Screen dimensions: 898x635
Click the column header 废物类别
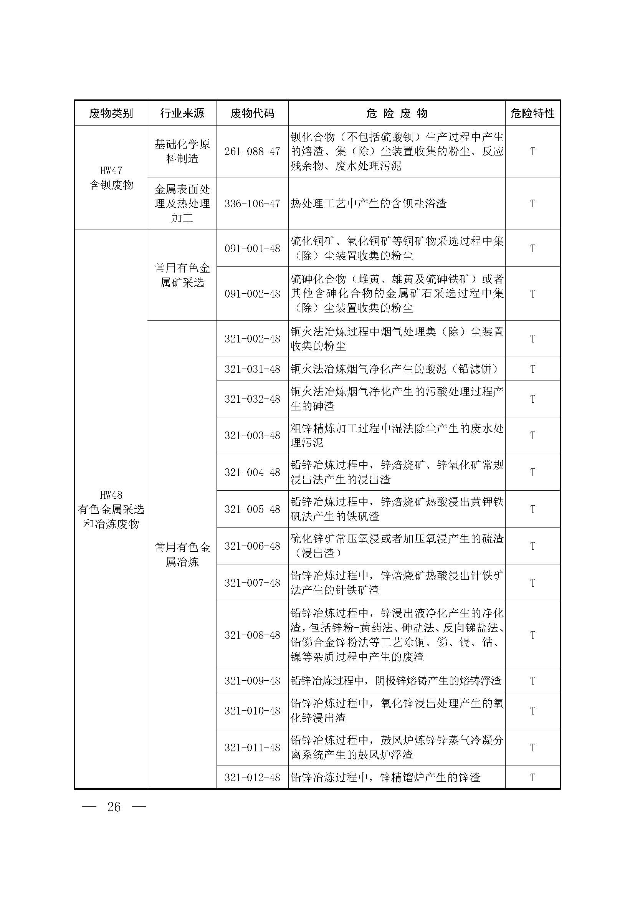111,113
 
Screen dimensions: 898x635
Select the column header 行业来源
182,113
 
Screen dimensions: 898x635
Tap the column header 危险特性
532,113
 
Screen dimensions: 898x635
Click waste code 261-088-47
252,151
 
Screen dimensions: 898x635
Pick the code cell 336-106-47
252,203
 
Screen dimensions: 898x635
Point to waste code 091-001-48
252,248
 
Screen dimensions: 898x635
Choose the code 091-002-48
252,294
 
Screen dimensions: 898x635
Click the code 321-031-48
252,369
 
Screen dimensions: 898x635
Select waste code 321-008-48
252,635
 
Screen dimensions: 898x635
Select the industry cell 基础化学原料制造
182,151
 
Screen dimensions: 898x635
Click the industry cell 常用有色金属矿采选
182,275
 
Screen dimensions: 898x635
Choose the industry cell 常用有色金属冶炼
182,554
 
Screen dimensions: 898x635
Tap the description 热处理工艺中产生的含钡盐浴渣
368,203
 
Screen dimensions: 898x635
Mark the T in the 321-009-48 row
532,681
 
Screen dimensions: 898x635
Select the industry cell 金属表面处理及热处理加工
182,203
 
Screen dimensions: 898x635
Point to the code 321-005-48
252,509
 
